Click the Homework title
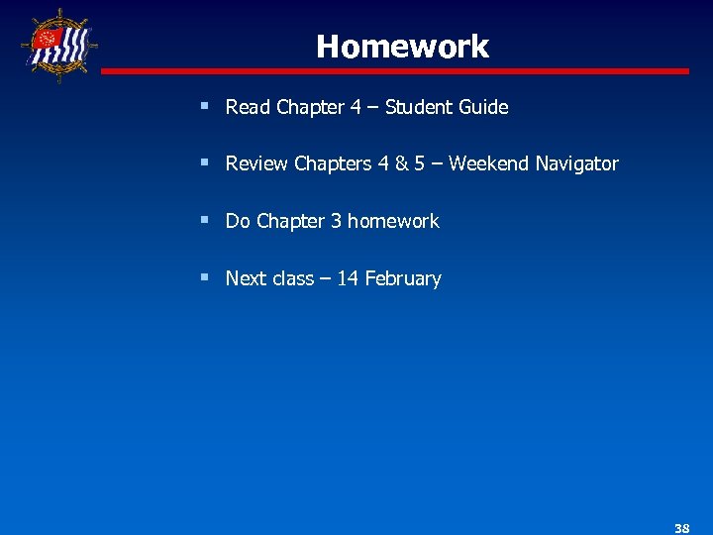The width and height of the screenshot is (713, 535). (x=402, y=47)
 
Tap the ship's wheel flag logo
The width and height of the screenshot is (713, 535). (x=57, y=46)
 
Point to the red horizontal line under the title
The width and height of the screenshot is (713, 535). (x=396, y=71)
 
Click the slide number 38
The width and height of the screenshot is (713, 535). (x=681, y=528)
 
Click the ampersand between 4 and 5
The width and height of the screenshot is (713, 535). (x=401, y=164)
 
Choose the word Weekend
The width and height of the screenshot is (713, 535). (x=489, y=164)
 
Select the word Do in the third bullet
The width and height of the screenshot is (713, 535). (x=238, y=222)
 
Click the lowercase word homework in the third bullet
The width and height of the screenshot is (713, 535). (x=393, y=222)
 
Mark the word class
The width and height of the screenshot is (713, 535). (x=292, y=279)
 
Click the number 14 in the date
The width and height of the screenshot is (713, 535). (x=348, y=279)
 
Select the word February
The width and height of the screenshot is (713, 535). (x=403, y=279)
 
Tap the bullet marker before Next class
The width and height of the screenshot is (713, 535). (x=203, y=277)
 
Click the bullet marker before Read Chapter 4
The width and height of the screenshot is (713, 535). (x=203, y=105)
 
